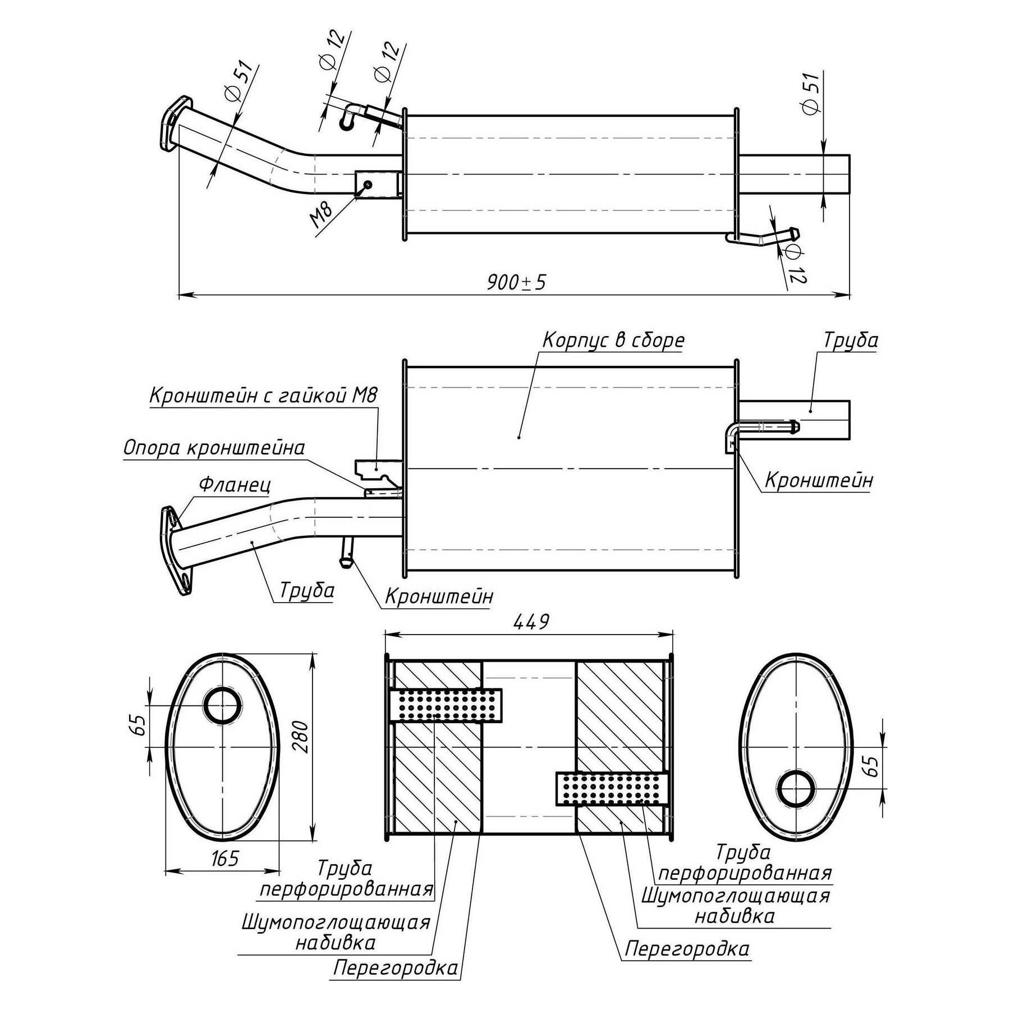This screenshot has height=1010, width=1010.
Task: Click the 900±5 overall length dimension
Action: coord(516,282)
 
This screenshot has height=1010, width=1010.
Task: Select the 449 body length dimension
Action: coord(531,621)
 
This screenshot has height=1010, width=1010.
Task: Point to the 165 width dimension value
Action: coord(226,858)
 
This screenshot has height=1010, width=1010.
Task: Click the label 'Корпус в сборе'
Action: coord(613,340)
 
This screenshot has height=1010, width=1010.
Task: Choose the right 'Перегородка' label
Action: coord(687,949)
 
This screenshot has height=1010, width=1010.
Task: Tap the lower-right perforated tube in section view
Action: coord(612,788)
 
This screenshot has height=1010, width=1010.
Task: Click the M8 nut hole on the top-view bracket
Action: coord(368,185)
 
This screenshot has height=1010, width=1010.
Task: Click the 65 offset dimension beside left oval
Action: coord(140,726)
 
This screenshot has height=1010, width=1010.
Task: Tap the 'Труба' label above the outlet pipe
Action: coord(850,340)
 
